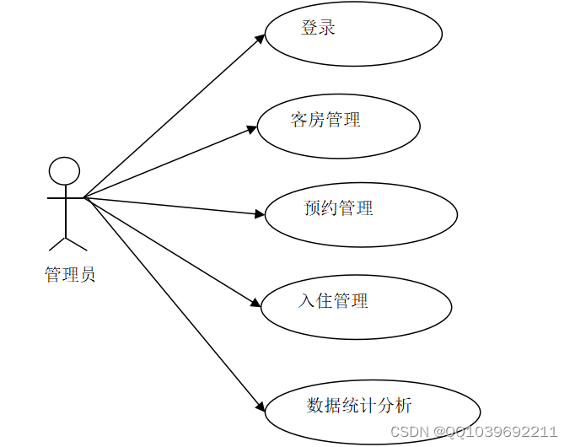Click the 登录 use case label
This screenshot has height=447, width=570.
319,28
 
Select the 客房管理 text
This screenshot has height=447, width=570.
325,121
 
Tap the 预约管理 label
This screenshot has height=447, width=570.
338,207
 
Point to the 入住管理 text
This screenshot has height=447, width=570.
333,300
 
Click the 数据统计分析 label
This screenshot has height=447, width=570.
359,406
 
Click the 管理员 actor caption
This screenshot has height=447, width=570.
70,274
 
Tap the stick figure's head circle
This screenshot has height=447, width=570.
64,171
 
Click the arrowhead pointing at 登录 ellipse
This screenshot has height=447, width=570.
261,37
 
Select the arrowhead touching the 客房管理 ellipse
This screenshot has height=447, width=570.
252,129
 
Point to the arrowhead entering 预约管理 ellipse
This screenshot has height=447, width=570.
261,214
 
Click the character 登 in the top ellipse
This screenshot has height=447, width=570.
309,28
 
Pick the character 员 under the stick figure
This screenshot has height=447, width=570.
87,274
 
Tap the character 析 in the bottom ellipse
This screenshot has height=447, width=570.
403,406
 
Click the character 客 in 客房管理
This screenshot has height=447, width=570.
299,121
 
